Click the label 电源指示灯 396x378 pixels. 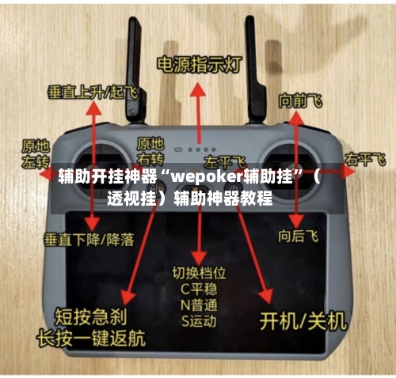point(199,64)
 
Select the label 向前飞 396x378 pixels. point(299,100)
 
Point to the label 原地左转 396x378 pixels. point(35,153)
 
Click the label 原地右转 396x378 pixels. point(151,149)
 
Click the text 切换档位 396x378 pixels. point(199,273)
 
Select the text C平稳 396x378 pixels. point(199,289)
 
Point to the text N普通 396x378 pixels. point(199,305)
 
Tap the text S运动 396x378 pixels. point(199,322)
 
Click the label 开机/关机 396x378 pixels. point(304,320)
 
